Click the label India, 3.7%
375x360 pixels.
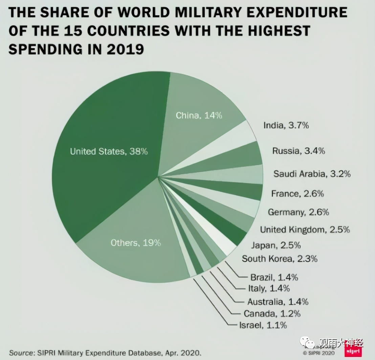(x=286, y=126)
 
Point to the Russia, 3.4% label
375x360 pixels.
(x=299, y=151)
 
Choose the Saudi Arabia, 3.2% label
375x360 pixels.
(x=312, y=174)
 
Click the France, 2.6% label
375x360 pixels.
(x=297, y=194)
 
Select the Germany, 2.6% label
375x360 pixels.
(x=298, y=212)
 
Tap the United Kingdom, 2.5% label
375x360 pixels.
(x=305, y=230)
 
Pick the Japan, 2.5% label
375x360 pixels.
(x=275, y=245)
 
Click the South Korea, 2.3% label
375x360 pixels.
(x=279, y=259)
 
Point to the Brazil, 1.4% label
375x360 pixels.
(x=274, y=277)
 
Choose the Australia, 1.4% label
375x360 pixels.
(x=278, y=301)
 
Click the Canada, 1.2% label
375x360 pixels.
(x=272, y=314)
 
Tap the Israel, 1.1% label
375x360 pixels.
(x=263, y=325)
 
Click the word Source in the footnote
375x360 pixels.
(x=20, y=353)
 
